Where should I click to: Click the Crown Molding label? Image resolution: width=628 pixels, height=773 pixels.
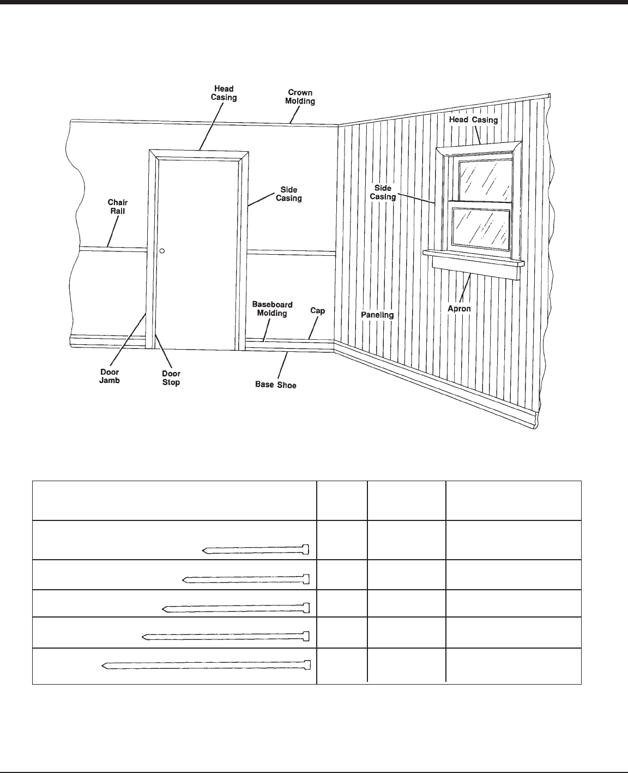[x=300, y=97]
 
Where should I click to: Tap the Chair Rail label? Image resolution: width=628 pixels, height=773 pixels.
[x=117, y=207]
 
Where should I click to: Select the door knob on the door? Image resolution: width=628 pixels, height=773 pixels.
[x=162, y=251]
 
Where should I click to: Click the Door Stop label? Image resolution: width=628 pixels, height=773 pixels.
[x=171, y=378]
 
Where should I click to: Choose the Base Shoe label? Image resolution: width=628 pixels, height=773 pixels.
[x=276, y=385]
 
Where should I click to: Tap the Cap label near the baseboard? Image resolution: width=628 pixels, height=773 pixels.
[x=317, y=310]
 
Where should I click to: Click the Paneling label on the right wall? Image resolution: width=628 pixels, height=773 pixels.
[x=377, y=315]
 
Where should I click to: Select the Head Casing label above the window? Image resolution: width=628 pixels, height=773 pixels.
[x=473, y=119]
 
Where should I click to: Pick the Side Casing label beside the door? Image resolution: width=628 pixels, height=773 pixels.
[x=288, y=194]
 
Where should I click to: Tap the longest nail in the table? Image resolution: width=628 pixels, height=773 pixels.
[x=206, y=665]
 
